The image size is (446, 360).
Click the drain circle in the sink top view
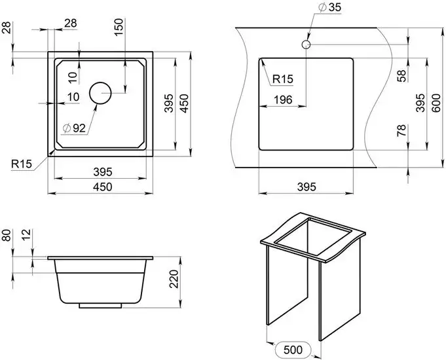point(100,82)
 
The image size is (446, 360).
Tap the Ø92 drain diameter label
point(74,128)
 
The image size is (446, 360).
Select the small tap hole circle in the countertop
point(306,45)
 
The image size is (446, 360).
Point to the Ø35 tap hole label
point(330,8)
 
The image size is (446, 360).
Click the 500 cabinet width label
point(293,350)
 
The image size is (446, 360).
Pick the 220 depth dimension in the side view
point(174,279)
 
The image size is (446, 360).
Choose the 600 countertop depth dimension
point(436,103)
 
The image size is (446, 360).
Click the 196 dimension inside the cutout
point(283,99)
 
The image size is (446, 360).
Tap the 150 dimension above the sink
point(119,27)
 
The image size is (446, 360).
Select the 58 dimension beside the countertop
point(402,76)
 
